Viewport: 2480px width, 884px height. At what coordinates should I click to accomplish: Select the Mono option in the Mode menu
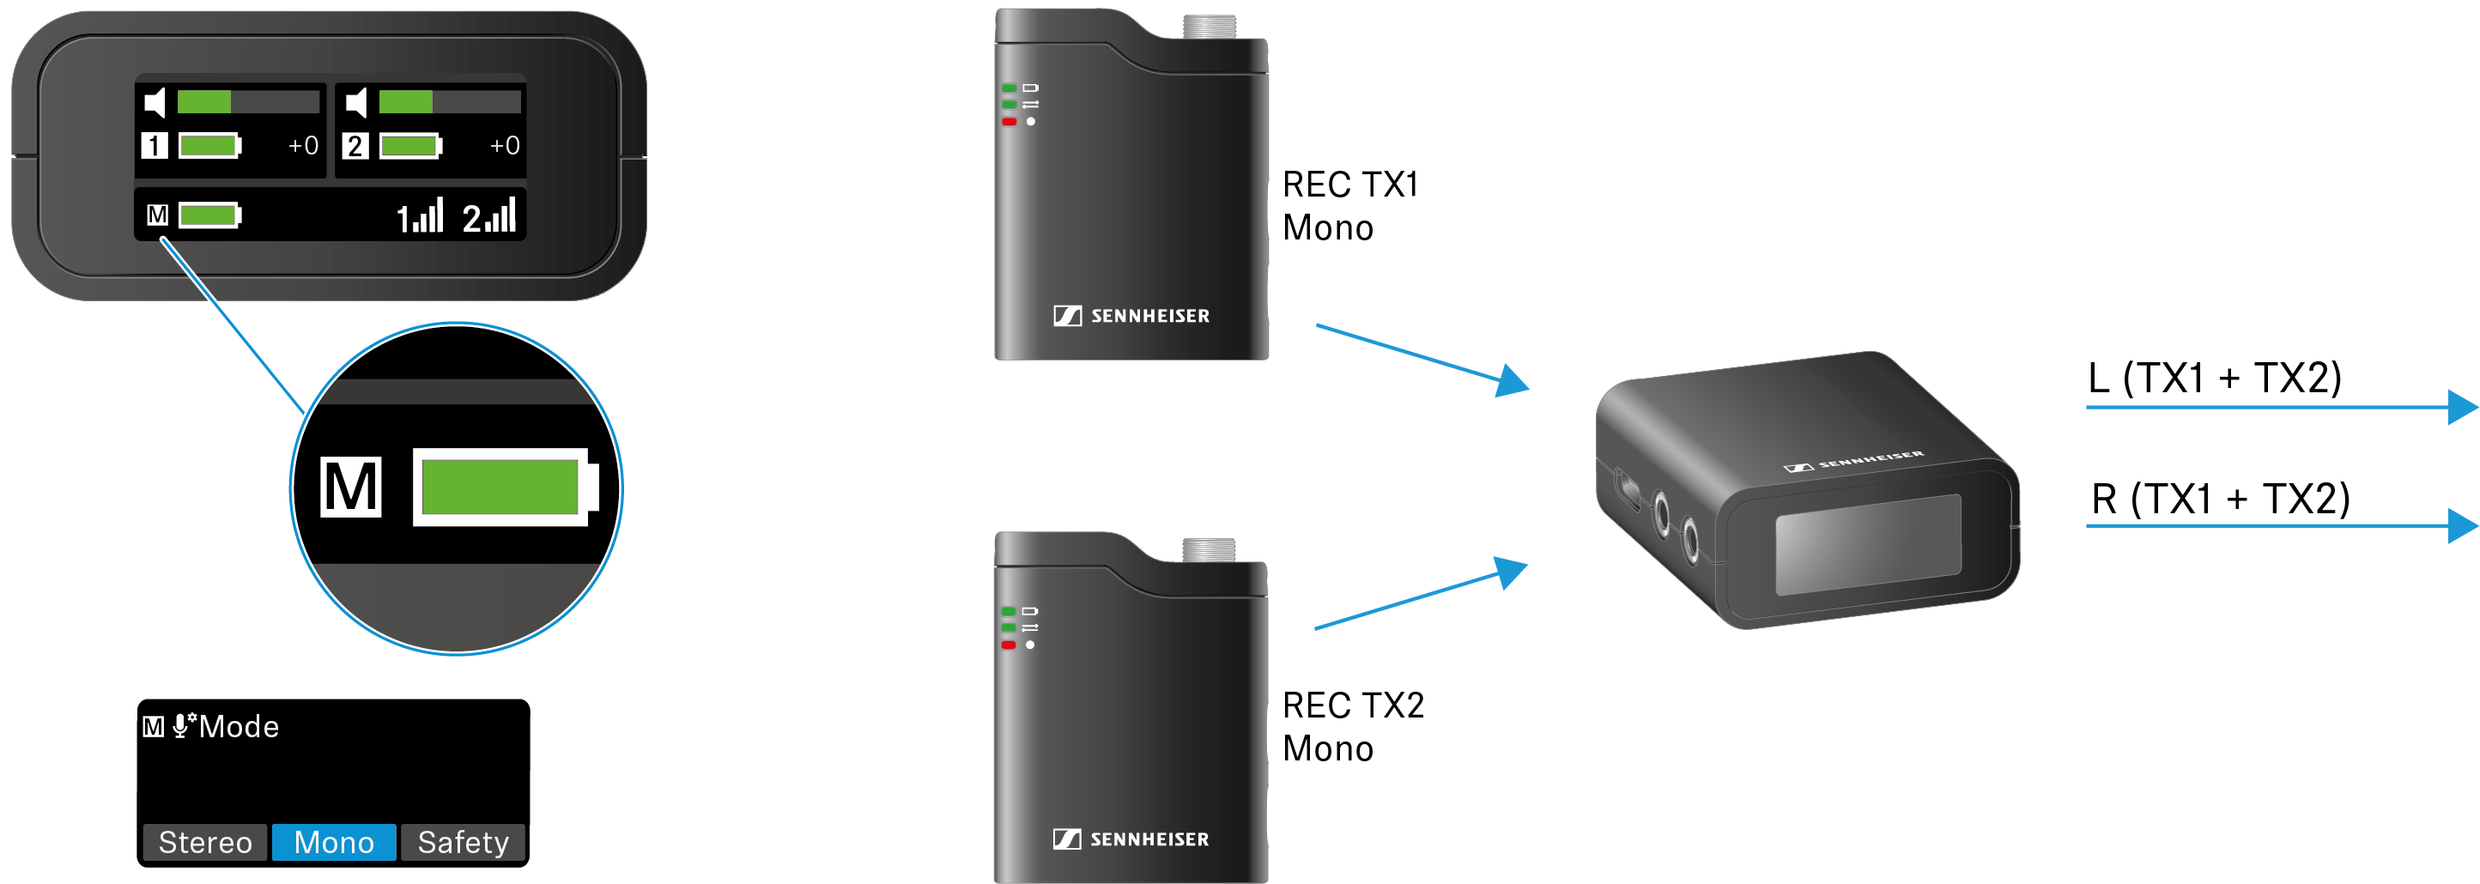[x=333, y=842]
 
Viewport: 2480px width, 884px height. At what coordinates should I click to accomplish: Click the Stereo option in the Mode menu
[x=205, y=842]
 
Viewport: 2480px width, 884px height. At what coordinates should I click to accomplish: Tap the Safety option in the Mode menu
[x=463, y=842]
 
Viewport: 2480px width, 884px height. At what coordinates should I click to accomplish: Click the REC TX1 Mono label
[x=1349, y=206]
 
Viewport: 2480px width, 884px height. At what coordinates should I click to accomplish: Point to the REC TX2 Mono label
[x=1352, y=727]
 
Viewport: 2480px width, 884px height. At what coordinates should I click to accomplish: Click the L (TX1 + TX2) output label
[x=2213, y=378]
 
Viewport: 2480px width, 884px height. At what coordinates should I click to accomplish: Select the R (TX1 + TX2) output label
[x=2219, y=499]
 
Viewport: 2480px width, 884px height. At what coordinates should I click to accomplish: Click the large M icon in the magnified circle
[x=350, y=487]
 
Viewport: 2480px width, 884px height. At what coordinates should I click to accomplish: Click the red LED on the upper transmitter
[x=1009, y=122]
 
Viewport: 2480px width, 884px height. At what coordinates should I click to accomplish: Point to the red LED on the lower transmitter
[x=1009, y=645]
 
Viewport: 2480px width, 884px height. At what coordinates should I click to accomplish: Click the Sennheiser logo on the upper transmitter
[x=1131, y=316]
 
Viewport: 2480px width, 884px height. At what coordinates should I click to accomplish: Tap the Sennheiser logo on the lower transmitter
[x=1131, y=839]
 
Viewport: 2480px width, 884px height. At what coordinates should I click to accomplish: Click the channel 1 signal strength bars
[x=421, y=216]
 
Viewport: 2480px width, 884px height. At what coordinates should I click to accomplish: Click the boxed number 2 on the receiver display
[x=355, y=145]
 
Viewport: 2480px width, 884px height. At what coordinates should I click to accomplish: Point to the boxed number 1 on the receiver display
[x=154, y=145]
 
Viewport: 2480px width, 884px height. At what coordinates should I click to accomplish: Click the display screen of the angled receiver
[x=1868, y=544]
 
